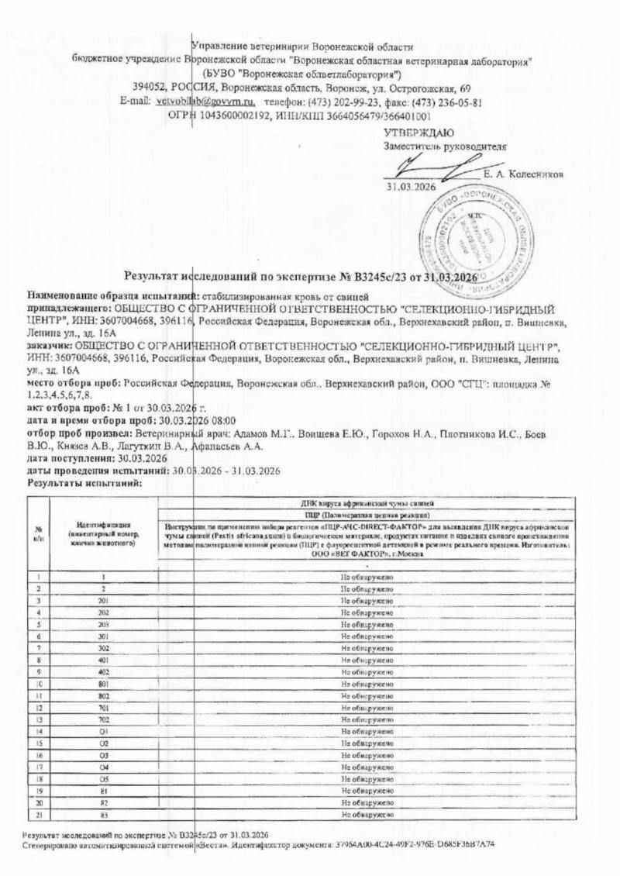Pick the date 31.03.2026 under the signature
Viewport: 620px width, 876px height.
412,187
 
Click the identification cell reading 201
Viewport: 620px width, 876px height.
102,601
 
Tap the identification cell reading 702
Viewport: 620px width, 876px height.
102,720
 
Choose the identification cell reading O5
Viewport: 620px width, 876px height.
102,779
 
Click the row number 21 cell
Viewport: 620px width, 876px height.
38,815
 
